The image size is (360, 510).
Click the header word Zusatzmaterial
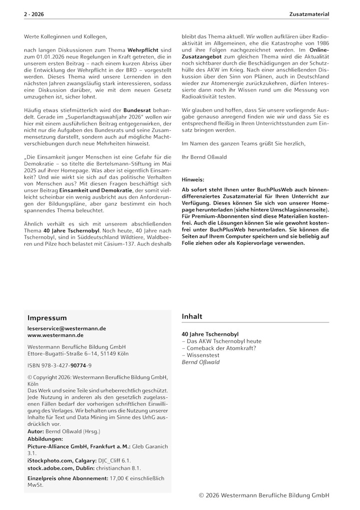309,15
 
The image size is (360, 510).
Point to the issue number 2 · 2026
33,15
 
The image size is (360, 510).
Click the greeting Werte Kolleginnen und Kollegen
65,37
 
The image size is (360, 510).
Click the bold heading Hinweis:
193,179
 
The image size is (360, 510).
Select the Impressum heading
47,318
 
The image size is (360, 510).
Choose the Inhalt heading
192,316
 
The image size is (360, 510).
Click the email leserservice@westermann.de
66,328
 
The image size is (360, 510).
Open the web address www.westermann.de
55,335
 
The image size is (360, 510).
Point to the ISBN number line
59,365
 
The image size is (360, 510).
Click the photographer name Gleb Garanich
149,445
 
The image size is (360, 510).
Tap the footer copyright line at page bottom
263,495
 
